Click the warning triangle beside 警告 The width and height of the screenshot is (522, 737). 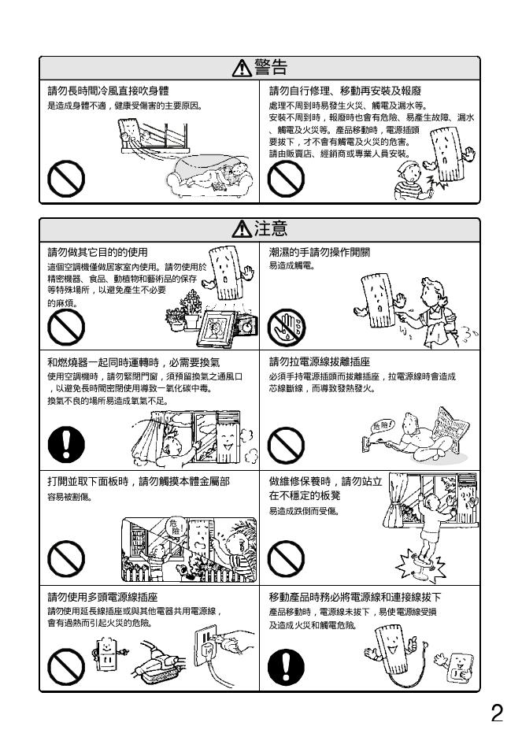coord(242,69)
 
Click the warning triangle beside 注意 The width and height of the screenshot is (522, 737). coord(242,229)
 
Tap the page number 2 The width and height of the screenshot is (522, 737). coord(497,713)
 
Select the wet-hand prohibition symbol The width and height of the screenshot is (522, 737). coord(286,327)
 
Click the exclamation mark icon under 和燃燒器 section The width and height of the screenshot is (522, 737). coord(66,444)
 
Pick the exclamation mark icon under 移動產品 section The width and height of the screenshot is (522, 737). coord(286,666)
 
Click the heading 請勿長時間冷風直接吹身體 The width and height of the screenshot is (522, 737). coord(108,91)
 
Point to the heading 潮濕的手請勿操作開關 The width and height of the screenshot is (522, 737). coord(320,253)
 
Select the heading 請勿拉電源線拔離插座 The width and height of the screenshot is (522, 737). coord(320,362)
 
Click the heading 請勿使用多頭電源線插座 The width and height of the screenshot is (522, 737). coord(102,598)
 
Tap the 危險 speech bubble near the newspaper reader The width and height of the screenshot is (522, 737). coord(382,426)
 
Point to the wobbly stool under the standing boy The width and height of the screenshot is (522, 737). coord(420,565)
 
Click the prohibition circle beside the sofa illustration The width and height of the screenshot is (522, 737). coord(66,179)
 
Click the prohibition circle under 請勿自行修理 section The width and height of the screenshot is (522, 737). coord(286,179)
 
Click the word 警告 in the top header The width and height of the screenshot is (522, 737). coord(271,68)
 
